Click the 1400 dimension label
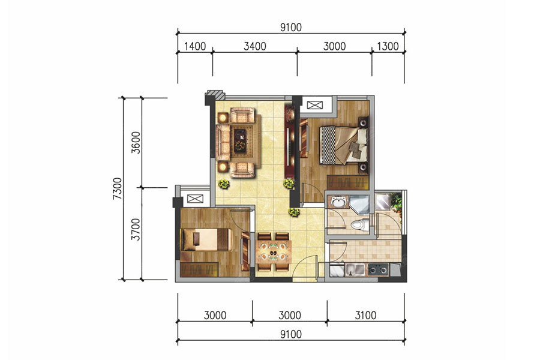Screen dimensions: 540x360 pyautogui.click(x=195, y=46)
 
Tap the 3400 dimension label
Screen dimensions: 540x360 pyautogui.click(x=255, y=46)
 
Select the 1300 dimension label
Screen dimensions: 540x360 pyautogui.click(x=388, y=46)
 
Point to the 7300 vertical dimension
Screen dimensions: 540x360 pyautogui.click(x=118, y=188)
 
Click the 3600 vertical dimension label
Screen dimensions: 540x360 pyautogui.click(x=136, y=143)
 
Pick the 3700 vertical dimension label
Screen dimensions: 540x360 pyautogui.click(x=136, y=229)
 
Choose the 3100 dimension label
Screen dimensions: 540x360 pyautogui.click(x=365, y=315)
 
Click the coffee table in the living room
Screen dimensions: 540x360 pyautogui.click(x=240, y=140)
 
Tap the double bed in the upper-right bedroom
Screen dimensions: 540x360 pyautogui.click(x=343, y=145)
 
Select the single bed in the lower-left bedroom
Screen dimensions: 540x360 pyautogui.click(x=206, y=239)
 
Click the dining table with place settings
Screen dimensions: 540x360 pyautogui.click(x=274, y=252)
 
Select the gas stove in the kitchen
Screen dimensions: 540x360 pyautogui.click(x=379, y=269)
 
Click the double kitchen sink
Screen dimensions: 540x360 pyautogui.click(x=355, y=269)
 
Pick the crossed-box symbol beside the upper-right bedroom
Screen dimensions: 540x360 pyautogui.click(x=315, y=105)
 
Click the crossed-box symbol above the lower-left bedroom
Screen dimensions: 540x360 pyautogui.click(x=195, y=199)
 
